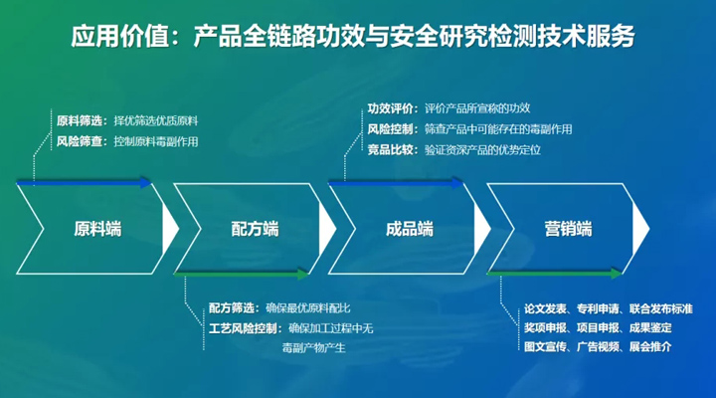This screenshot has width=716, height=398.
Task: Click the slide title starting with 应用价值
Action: click(353, 37)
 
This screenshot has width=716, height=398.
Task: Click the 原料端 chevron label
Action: click(97, 228)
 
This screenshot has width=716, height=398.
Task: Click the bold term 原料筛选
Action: click(82, 119)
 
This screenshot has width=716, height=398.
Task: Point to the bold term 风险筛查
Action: click(82, 141)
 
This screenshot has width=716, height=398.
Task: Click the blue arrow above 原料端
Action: click(86, 183)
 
